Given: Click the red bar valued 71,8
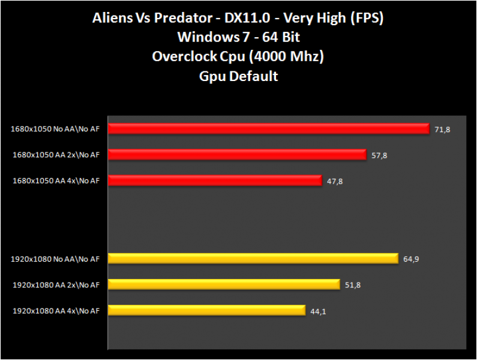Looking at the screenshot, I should pos(269,129).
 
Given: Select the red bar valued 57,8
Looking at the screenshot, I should pos(237,155).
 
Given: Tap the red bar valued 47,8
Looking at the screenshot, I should pos(215,181).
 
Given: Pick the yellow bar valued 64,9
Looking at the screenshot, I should pos(253,259).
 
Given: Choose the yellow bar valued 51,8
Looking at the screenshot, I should pos(224,284).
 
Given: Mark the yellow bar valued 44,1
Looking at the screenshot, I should pos(207,310).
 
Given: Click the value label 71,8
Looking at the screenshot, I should pos(443,130).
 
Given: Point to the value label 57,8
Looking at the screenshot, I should pos(379,155).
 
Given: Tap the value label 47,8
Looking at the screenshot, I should pos(335,181).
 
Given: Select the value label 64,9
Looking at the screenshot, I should pos(411,259).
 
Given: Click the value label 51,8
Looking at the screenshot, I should pos(353,285).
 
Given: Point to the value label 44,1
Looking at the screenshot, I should pos(318,311).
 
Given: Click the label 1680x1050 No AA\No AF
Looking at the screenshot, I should pos(55,128).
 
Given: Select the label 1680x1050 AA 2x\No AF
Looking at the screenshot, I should pos(56,154).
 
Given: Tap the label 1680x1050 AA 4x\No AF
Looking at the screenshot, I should pos(56,180).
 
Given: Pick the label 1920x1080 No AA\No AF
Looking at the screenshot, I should pos(55,259).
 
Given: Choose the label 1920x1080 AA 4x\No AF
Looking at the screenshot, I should pos(56,311).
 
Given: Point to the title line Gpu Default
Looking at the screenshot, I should pos(238,76).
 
